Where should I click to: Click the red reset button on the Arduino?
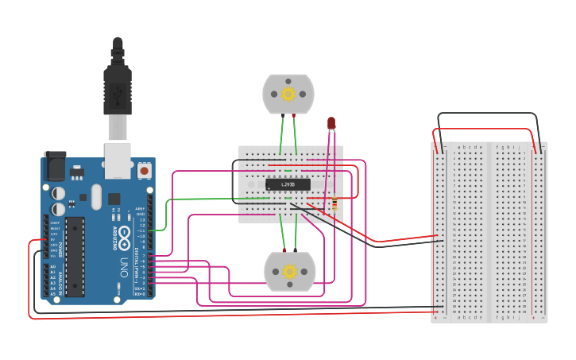(x=144, y=169)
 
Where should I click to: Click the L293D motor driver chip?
(x=288, y=184)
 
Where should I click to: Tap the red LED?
(x=331, y=123)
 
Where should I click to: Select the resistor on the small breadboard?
(x=334, y=205)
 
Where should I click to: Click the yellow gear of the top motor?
(x=288, y=94)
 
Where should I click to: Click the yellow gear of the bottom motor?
(x=289, y=272)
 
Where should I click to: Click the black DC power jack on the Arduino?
(x=55, y=166)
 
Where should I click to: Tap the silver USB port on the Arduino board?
(x=118, y=159)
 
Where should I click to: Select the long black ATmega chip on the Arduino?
(x=75, y=257)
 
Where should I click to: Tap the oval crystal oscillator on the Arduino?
(x=96, y=196)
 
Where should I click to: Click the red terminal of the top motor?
(x=294, y=116)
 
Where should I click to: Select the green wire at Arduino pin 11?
(x=159, y=230)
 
